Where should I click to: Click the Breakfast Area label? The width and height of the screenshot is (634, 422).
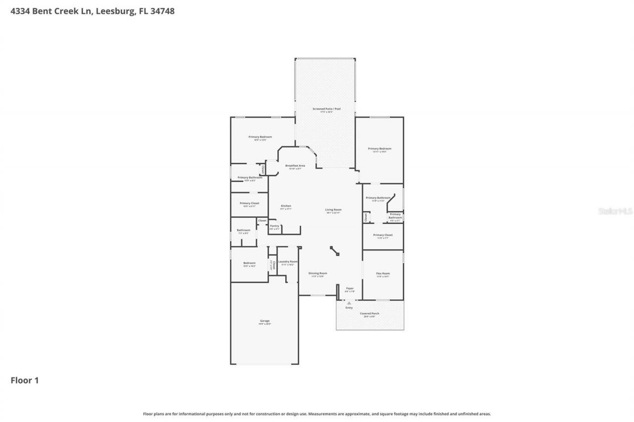pos(295,166)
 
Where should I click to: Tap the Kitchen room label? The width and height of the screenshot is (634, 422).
pos(286,206)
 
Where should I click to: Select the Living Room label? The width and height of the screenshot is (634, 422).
pos(333,210)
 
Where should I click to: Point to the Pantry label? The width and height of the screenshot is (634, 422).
pos(274,226)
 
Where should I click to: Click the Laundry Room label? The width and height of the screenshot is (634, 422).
pos(287,262)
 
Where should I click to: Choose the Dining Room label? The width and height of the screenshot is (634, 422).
pos(317,273)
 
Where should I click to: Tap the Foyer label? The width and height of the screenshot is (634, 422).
pos(350,288)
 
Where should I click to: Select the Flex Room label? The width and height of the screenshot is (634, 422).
pos(382,274)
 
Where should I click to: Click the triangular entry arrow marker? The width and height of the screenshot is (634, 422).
pos(349,303)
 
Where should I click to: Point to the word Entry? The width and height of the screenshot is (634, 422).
pos(349,308)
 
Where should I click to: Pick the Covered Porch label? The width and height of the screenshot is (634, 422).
pos(370,314)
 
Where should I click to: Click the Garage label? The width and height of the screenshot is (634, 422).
pos(264,321)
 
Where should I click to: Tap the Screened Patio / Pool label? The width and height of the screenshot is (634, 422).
pos(326,109)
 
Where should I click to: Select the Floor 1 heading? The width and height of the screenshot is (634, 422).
pos(25,380)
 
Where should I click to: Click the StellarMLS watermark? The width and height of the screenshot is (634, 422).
pos(615,211)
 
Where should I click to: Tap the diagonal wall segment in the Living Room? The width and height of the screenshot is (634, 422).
pos(335,251)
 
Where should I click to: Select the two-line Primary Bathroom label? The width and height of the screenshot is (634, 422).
pos(395,216)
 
